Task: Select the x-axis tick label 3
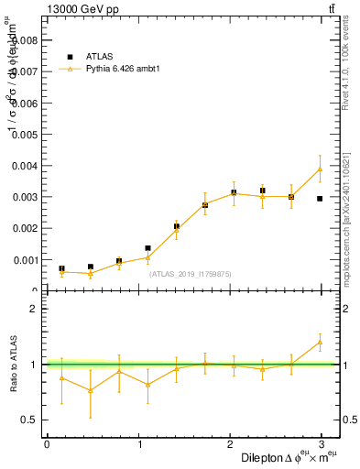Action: [x=327, y=444]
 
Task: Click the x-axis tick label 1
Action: [x=140, y=444]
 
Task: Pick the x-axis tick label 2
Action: [x=234, y=444]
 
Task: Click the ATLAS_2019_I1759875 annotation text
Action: [x=191, y=274]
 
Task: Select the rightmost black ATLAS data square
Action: [x=320, y=198]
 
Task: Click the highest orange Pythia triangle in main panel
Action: [x=320, y=169]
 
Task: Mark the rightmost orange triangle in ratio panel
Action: [x=320, y=342]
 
